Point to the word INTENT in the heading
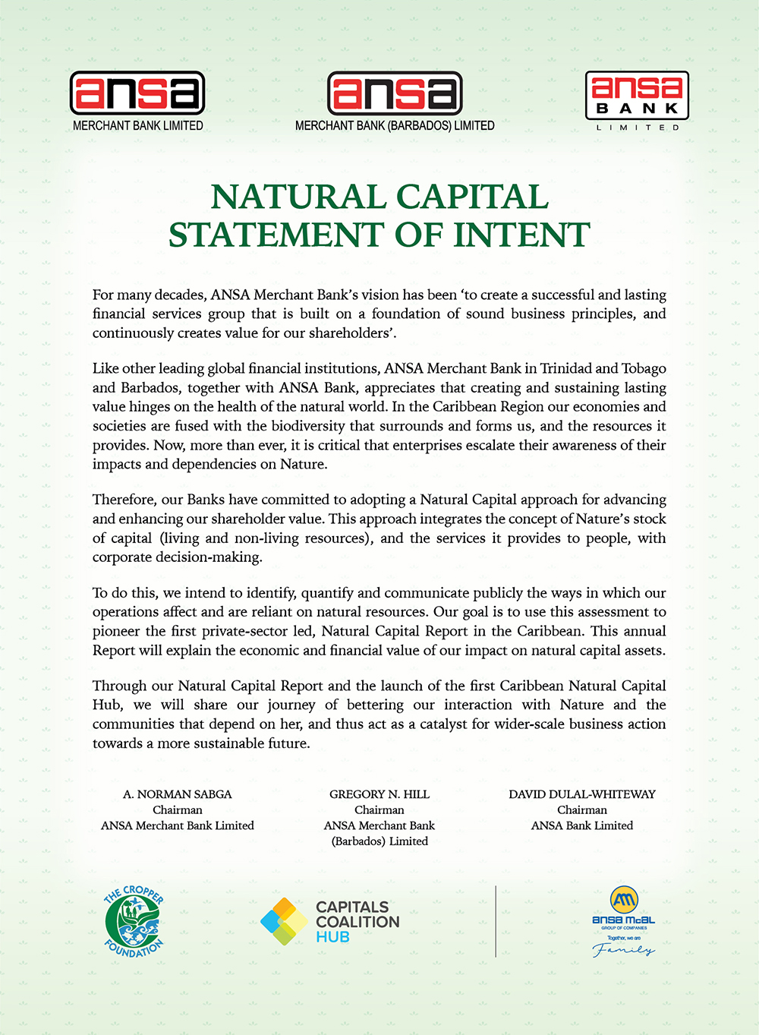click(x=521, y=235)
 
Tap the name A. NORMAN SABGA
click(x=178, y=794)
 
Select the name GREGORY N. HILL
click(x=379, y=794)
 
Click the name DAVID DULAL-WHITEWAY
click(x=582, y=794)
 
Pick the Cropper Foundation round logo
click(x=134, y=920)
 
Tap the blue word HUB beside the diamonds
click(x=332, y=937)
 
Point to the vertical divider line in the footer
click(x=496, y=921)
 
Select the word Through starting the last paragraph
click(x=118, y=686)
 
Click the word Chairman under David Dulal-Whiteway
click(x=582, y=810)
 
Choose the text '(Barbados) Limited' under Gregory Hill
click(x=379, y=841)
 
